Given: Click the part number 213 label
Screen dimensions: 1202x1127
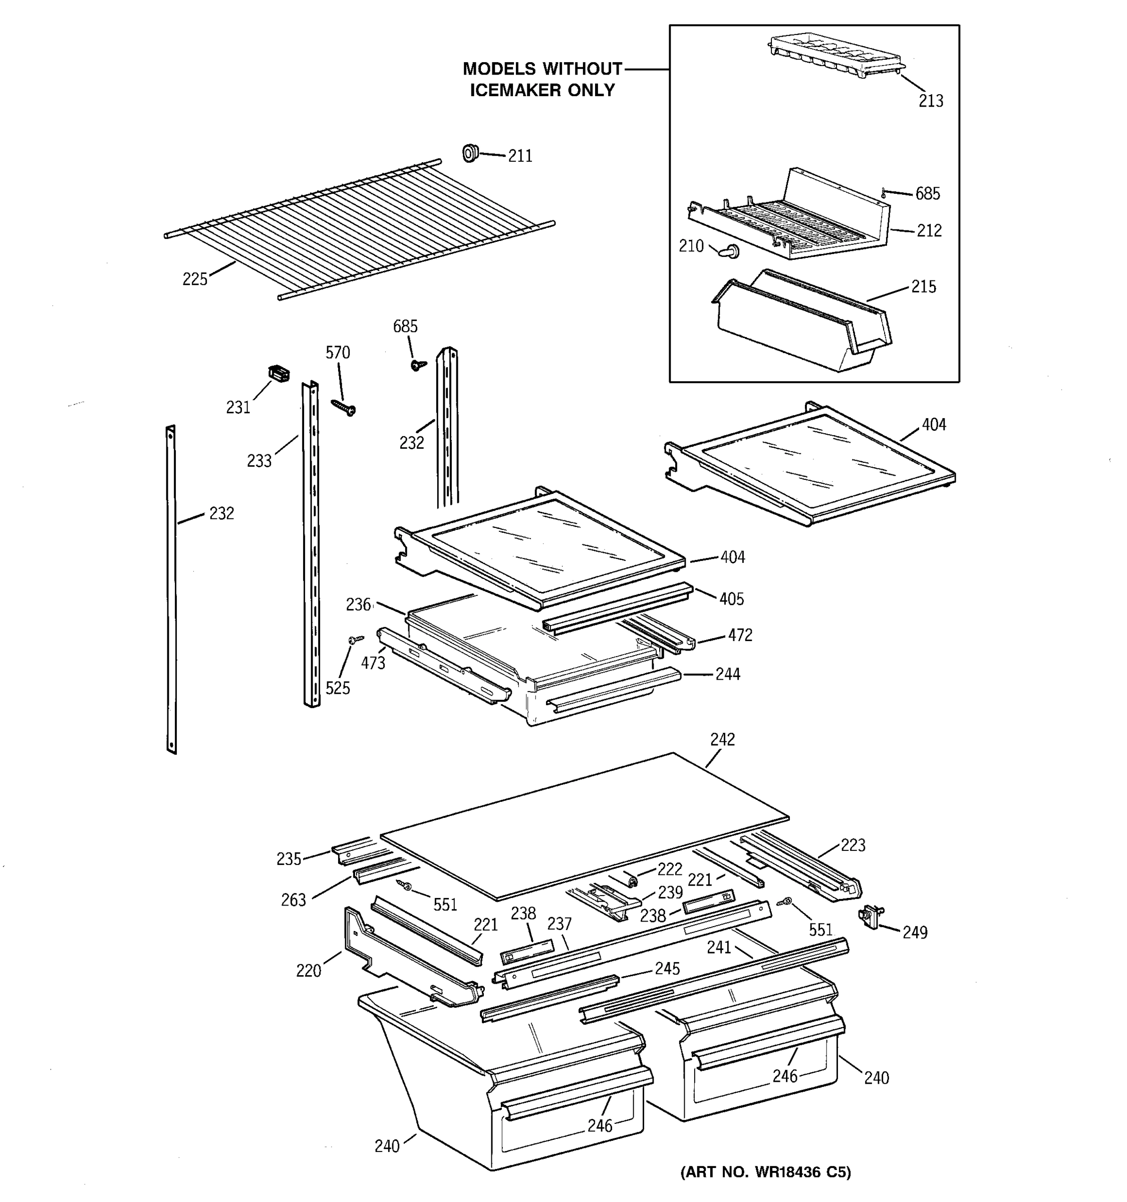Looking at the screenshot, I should tap(931, 101).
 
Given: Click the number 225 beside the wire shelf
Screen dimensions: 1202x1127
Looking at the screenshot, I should tap(195, 279).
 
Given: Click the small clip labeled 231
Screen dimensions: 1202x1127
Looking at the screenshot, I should tap(278, 374).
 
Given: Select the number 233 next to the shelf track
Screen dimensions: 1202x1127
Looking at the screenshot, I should tap(259, 461).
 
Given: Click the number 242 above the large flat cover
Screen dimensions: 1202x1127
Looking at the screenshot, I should tap(722, 739).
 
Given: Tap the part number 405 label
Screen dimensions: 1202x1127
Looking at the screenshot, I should tap(732, 599).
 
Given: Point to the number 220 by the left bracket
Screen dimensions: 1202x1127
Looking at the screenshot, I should tap(309, 971).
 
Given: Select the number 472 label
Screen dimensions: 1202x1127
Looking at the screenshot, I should tap(740, 636).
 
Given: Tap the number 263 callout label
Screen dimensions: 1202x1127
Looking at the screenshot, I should tap(293, 900).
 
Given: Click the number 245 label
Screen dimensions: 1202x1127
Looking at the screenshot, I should tap(668, 969).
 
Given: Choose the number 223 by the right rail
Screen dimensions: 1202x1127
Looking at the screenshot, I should tap(853, 845).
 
